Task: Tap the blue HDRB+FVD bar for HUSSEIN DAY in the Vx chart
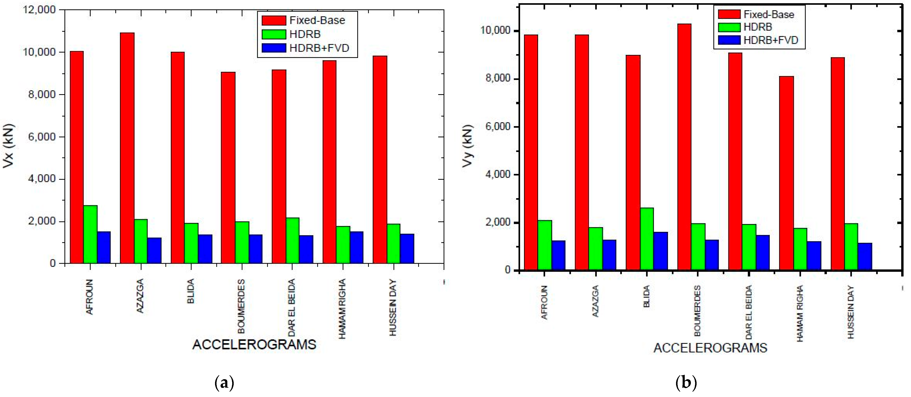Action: [407, 248]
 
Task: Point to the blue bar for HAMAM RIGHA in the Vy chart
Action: [814, 256]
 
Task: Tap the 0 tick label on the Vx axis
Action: [53, 263]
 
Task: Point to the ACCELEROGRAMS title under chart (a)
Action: [254, 344]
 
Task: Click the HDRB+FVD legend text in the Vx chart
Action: [319, 48]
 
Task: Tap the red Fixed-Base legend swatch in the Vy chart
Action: [729, 14]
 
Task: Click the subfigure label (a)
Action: [224, 383]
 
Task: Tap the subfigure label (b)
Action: [686, 383]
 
